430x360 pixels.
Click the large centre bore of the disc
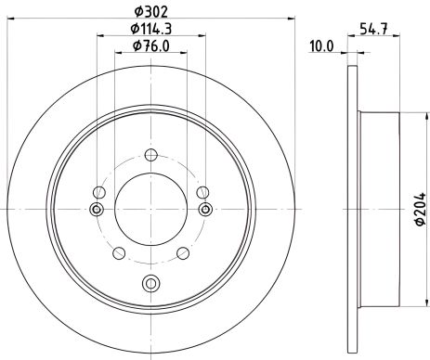pyautogui.click(x=150, y=210)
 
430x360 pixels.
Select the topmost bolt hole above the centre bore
pyautogui.click(x=150, y=157)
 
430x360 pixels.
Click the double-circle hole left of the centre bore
pyautogui.click(x=95, y=210)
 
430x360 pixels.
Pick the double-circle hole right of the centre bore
pyautogui.click(x=205, y=210)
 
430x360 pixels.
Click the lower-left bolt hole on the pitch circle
pyautogui.click(x=118, y=253)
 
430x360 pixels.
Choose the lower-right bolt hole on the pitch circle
pyautogui.click(x=182, y=253)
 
